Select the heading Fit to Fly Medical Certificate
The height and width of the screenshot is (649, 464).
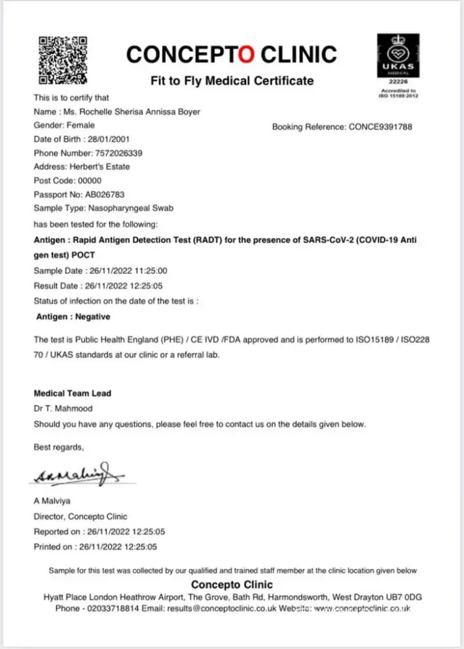pos(232,81)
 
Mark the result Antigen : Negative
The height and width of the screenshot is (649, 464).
pos(73,317)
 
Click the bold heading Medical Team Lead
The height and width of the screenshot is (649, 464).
pos(72,393)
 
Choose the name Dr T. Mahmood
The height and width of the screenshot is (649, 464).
pos(62,408)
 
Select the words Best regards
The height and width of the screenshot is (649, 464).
pos(58,447)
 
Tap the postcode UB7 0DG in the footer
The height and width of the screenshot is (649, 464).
pos(404,596)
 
